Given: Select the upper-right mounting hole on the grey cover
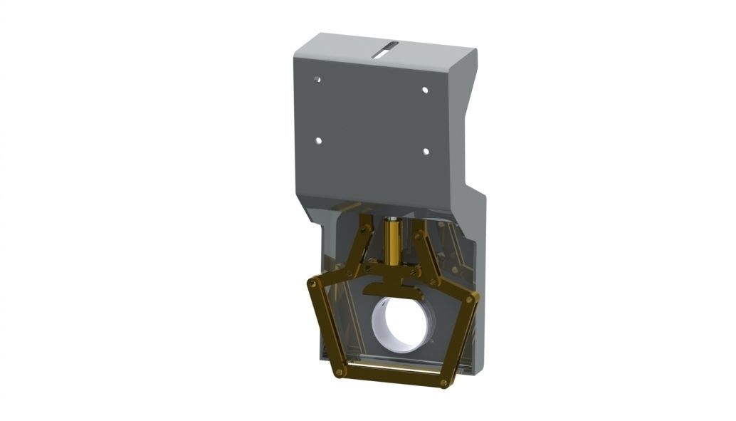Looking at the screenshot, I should coord(425,90).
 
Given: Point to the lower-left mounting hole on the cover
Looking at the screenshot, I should coord(318,141).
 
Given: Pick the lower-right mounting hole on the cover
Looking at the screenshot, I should coord(425,151).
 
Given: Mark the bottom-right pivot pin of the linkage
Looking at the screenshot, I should coord(444,383).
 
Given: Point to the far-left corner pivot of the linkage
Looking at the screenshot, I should coord(311,283).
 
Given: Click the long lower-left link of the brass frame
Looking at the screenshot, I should coord(325,328).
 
